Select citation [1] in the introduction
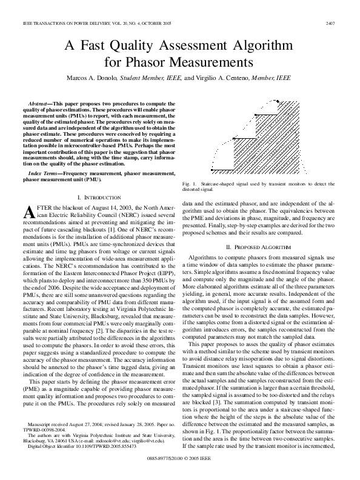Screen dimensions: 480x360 [x=110, y=231]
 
